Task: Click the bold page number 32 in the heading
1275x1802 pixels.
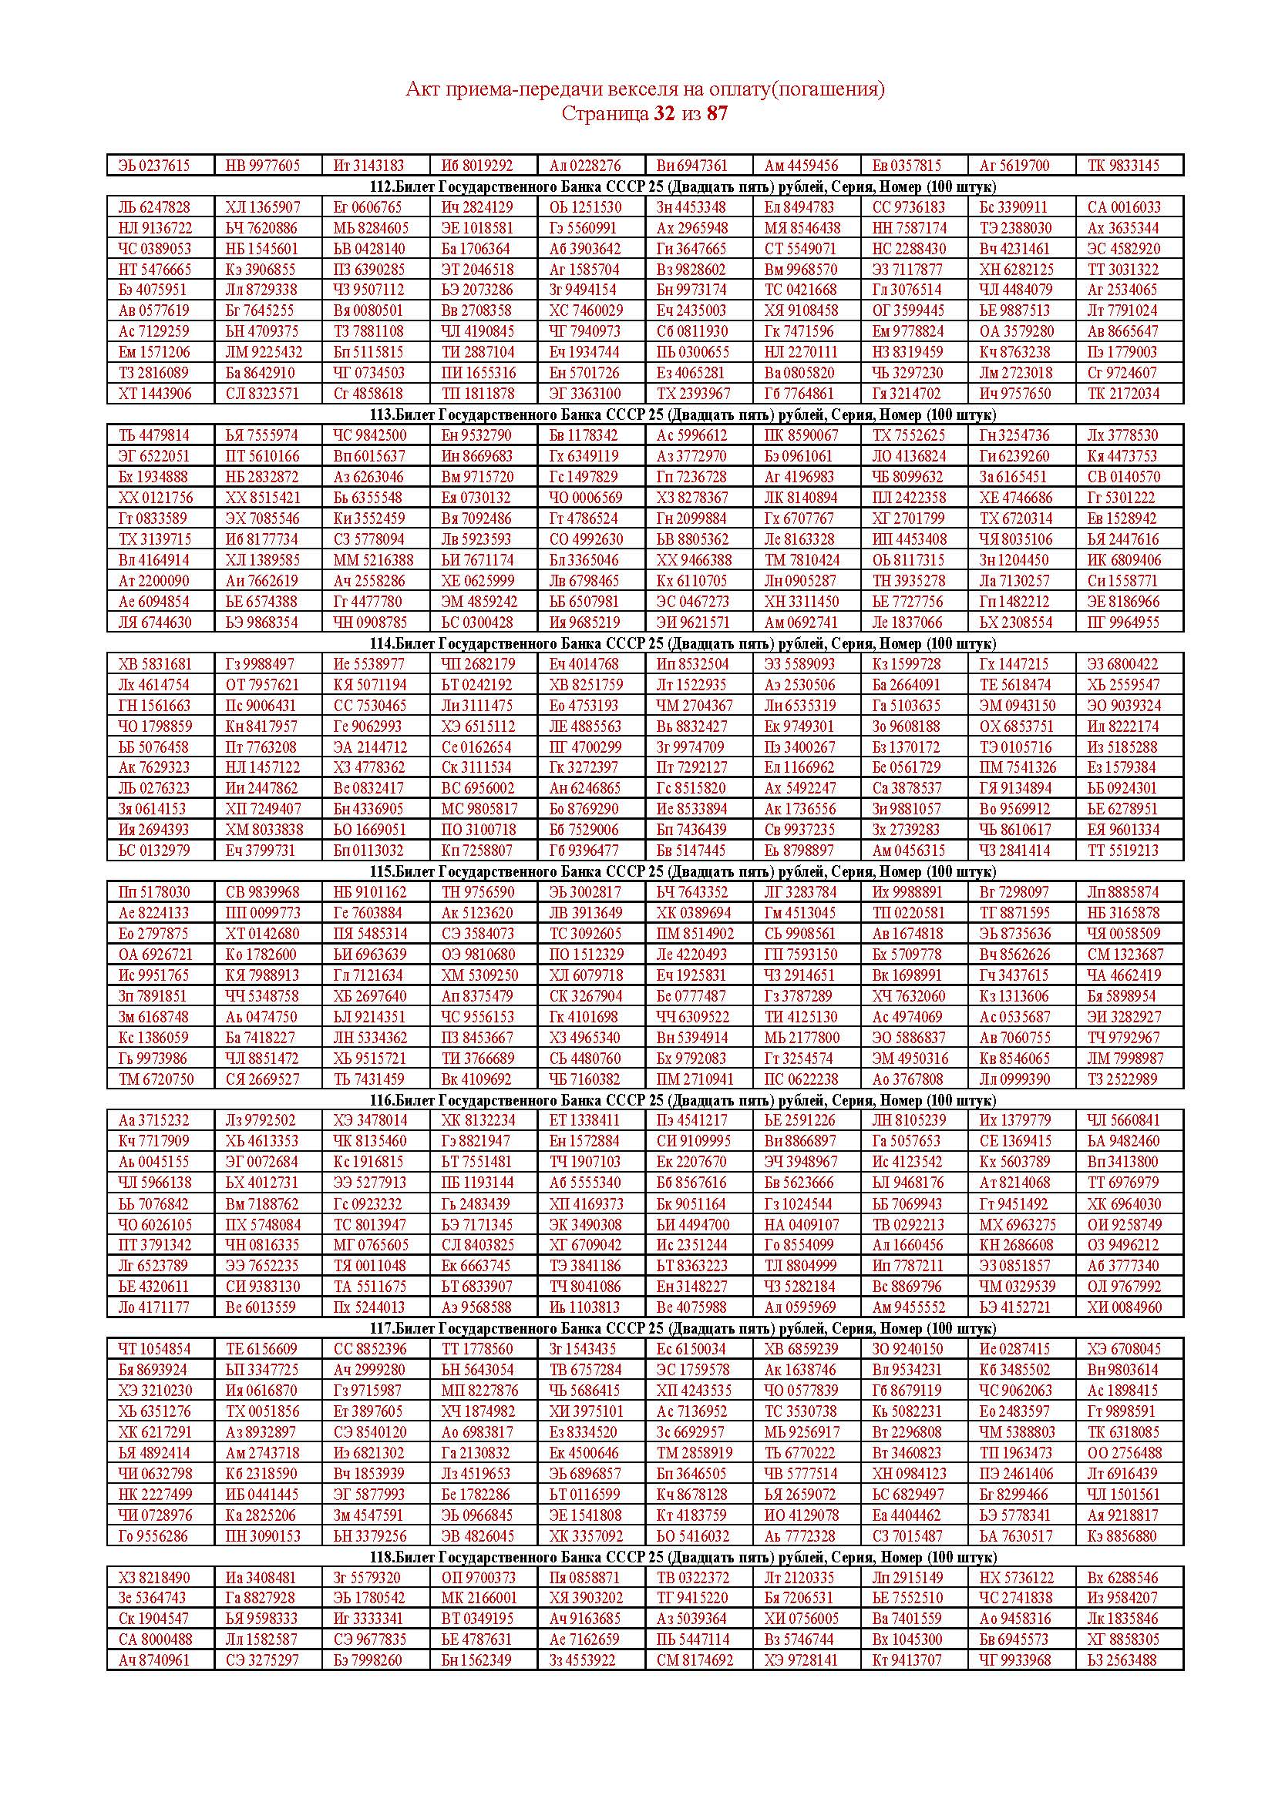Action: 664,114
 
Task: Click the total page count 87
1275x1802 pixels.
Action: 717,114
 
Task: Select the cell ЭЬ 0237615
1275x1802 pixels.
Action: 154,166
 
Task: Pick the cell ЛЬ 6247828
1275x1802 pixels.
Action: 154,207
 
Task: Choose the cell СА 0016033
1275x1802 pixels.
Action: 1123,207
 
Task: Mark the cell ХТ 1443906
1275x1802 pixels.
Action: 155,393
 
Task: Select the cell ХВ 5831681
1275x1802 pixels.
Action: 155,664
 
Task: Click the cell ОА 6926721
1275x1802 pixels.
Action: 155,955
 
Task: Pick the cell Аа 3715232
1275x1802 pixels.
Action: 154,1120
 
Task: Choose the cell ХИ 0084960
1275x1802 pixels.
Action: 1124,1307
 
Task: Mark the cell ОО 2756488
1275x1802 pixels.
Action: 1124,1453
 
